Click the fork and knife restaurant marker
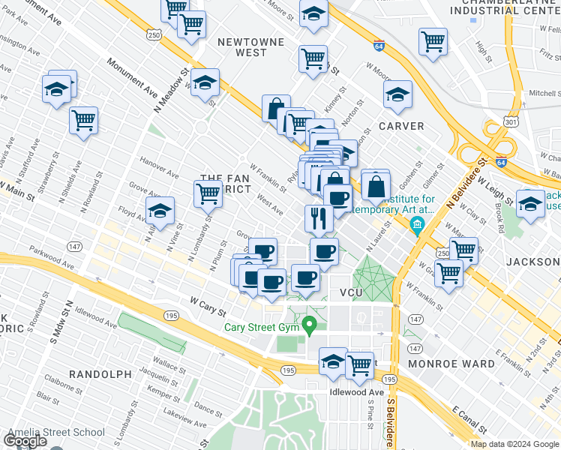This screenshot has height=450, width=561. (319, 217)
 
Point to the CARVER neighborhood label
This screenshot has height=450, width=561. (401, 126)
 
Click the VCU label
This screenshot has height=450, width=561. (352, 292)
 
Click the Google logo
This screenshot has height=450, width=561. (25, 441)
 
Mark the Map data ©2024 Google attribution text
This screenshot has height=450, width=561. (514, 444)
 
